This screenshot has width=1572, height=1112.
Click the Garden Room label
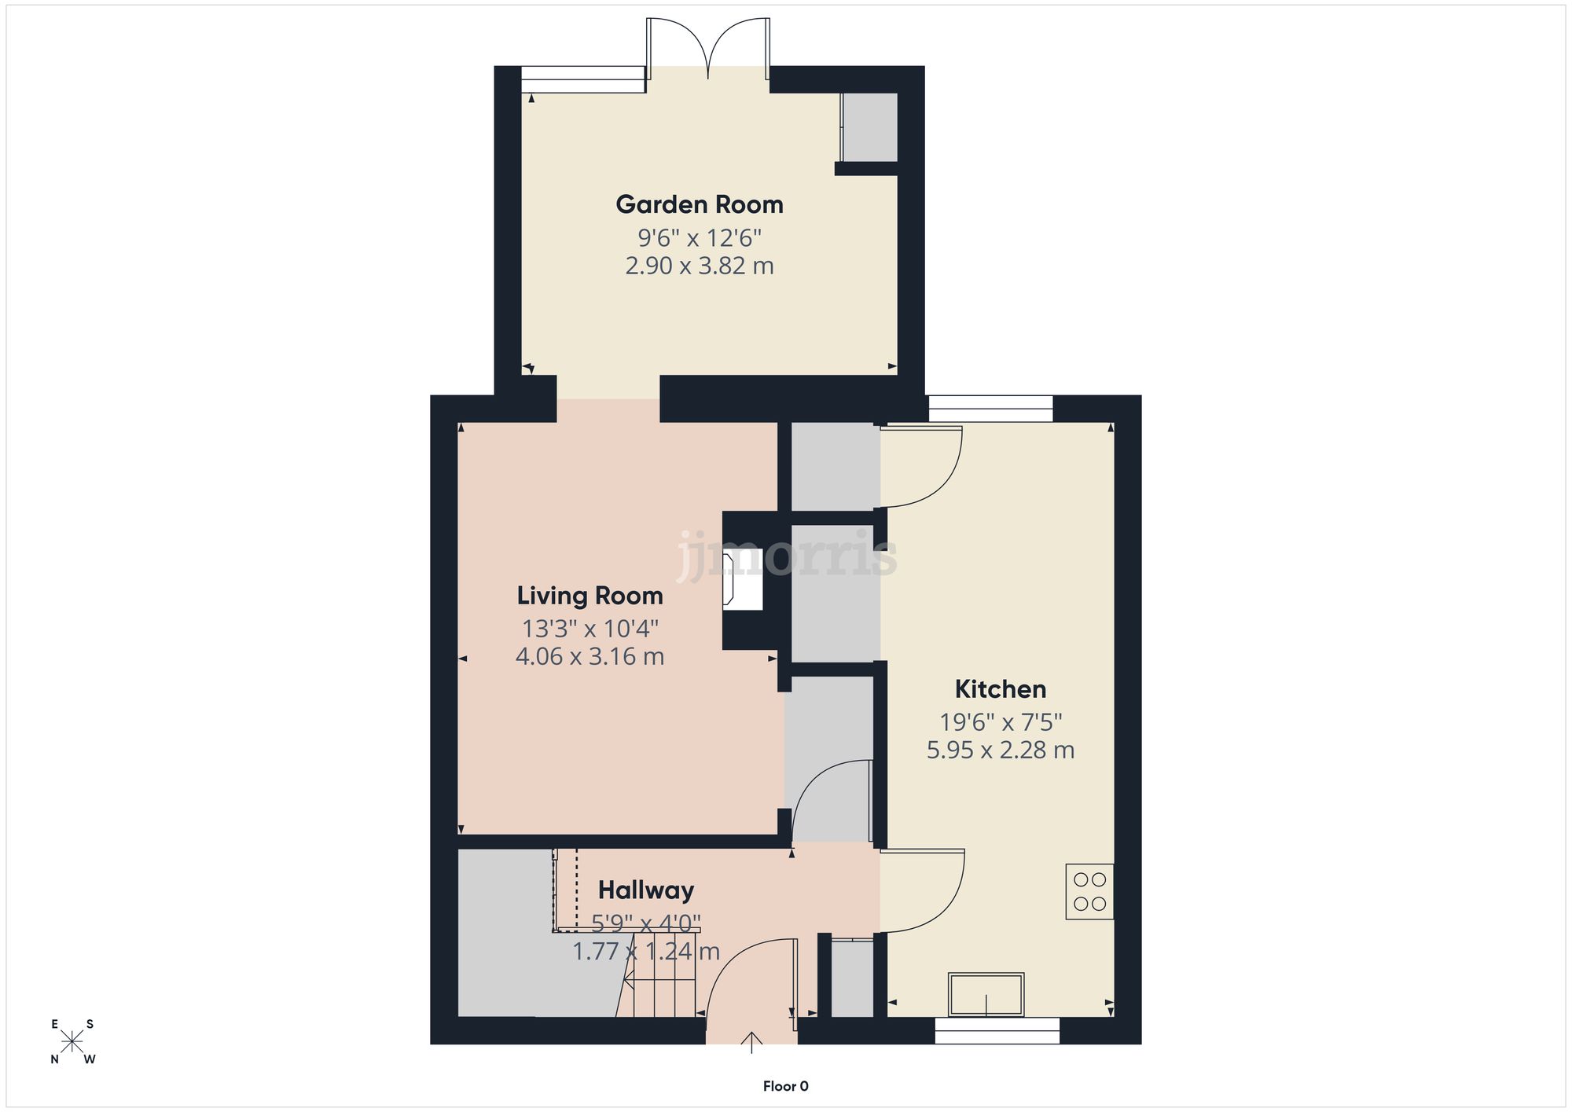pyautogui.click(x=700, y=205)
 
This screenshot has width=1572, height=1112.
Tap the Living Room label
pyautogui.click(x=589, y=596)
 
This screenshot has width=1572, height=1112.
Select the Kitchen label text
pyautogui.click(x=1001, y=689)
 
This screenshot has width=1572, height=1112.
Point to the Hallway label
pyautogui.click(x=646, y=890)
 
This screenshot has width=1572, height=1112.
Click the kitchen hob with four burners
pyautogui.click(x=1089, y=891)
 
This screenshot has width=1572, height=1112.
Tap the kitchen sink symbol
pyautogui.click(x=986, y=994)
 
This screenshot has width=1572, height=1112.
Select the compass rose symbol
pyautogui.click(x=72, y=1042)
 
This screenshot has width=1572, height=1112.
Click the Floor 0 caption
pyautogui.click(x=785, y=1087)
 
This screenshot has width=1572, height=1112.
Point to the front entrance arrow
pyautogui.click(x=752, y=1042)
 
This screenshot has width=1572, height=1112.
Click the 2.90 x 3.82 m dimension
pyautogui.click(x=700, y=266)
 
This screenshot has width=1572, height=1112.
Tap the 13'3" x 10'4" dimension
pyautogui.click(x=590, y=629)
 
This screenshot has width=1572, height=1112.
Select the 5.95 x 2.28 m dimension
pyautogui.click(x=1001, y=751)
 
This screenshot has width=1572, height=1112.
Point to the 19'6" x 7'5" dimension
pyautogui.click(x=1001, y=721)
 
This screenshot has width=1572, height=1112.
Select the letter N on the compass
pyautogui.click(x=55, y=1059)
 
